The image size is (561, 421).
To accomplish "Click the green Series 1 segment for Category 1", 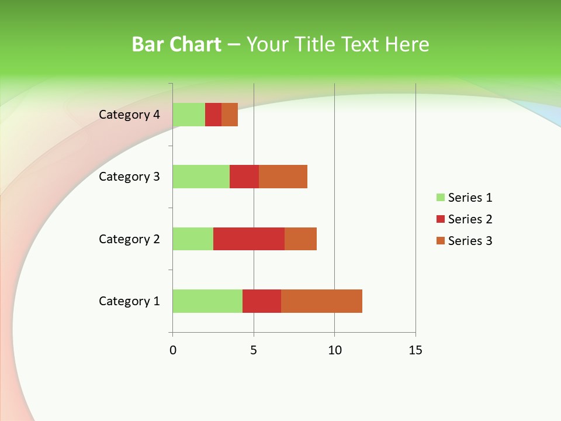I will pos(207,301).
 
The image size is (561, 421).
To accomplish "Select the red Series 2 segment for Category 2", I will pos(249,239).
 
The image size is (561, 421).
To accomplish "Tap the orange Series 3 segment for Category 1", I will pos(321,301).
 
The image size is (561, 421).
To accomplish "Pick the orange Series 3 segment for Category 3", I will pos(283,177).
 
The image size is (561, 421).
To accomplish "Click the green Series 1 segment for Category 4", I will pos(189,115).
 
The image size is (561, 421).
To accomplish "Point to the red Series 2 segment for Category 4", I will pos(213,115).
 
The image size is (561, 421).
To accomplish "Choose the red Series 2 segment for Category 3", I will pos(244,177).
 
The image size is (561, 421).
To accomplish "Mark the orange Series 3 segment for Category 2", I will pos(300,239).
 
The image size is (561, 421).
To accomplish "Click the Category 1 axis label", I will pos(129,301).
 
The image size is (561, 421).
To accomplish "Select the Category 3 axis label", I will pos(129,177).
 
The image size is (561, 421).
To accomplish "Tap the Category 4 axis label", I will pos(129,115).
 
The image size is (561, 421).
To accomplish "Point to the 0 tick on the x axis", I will pos(173,350).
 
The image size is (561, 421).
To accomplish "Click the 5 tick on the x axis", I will pos(254,350).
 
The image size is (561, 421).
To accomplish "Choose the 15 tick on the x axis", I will pos(415,350).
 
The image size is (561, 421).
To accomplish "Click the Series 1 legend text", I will pos(470,198).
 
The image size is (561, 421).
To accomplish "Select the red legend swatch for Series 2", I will pos(441,219).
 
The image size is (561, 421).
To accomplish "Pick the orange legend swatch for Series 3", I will pos(441,241).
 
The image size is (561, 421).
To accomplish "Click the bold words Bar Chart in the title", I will pos(176,44).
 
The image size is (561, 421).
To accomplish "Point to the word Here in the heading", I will pos(408,44).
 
